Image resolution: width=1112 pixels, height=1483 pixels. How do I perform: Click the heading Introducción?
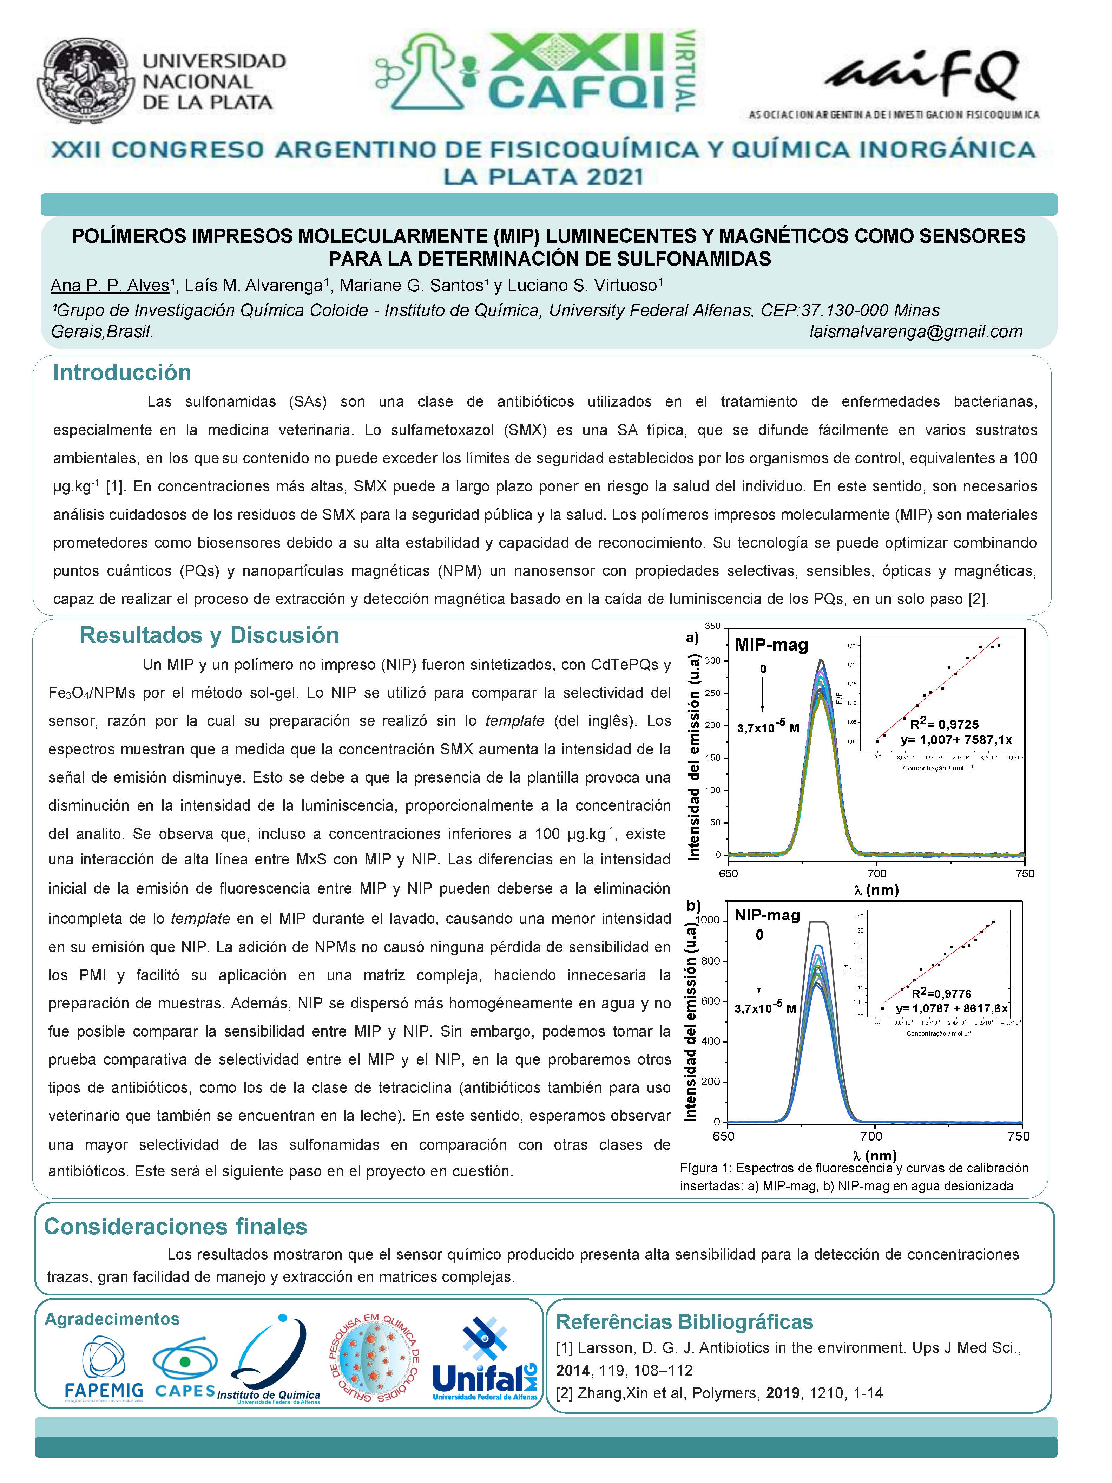(x=122, y=373)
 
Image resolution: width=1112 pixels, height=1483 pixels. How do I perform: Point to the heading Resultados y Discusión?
(x=209, y=635)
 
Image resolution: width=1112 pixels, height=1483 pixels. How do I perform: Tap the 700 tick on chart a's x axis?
(x=877, y=874)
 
